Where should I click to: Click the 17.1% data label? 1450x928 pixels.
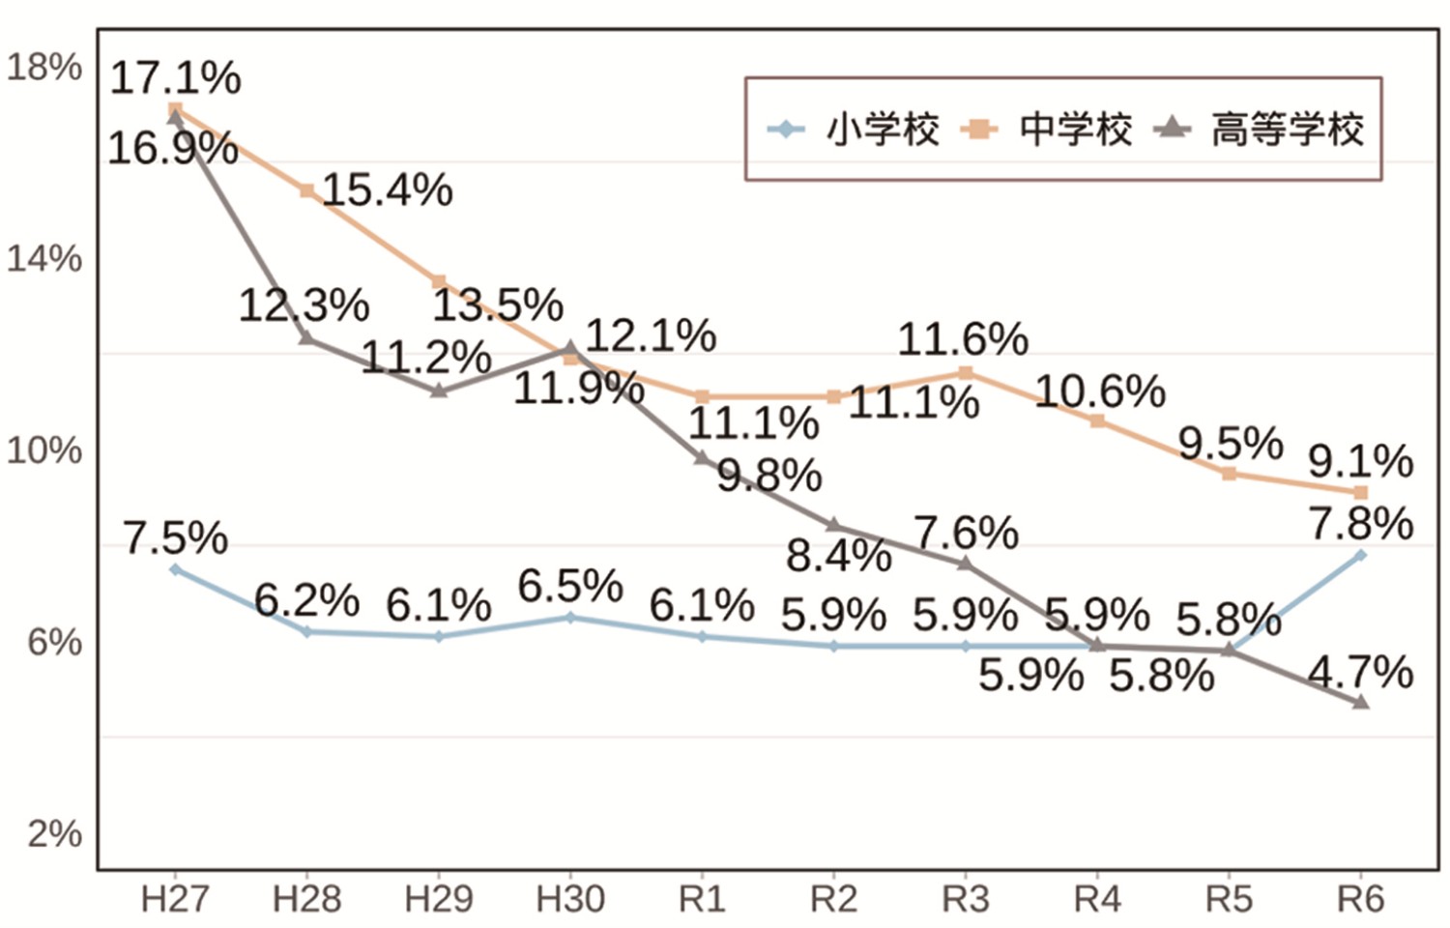click(x=175, y=77)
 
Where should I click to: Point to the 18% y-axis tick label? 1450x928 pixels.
click(x=44, y=68)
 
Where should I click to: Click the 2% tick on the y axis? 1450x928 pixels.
click(x=54, y=833)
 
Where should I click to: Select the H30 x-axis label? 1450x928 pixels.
click(x=570, y=899)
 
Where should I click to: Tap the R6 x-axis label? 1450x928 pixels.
click(x=1360, y=899)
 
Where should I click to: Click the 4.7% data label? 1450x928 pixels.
click(x=1360, y=671)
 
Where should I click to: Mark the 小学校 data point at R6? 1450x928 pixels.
click(x=1361, y=555)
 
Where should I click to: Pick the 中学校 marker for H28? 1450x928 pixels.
click(x=306, y=190)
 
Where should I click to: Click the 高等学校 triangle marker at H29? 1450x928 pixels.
click(x=439, y=391)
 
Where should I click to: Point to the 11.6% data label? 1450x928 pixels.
click(x=963, y=339)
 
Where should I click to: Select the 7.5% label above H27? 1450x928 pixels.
click(x=175, y=537)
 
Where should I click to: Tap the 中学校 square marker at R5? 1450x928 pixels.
click(x=1229, y=474)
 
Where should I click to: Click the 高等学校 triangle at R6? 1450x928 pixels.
click(x=1361, y=702)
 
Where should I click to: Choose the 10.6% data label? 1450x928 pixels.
click(x=1100, y=391)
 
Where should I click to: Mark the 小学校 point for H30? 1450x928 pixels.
click(x=570, y=617)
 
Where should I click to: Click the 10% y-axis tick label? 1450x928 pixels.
click(x=44, y=450)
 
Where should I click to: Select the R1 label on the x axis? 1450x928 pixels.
click(x=702, y=899)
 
